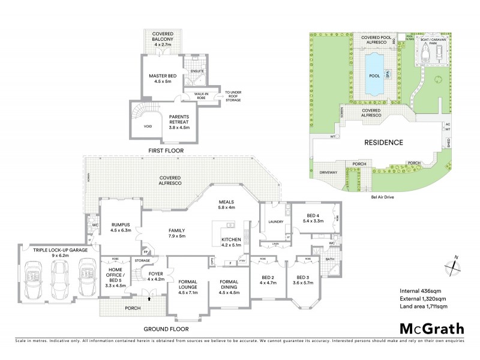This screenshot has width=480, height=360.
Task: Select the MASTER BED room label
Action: [x=163, y=79]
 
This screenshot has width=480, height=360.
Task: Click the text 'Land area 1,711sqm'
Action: [x=428, y=307]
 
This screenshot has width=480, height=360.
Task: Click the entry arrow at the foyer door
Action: [x=148, y=293]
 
